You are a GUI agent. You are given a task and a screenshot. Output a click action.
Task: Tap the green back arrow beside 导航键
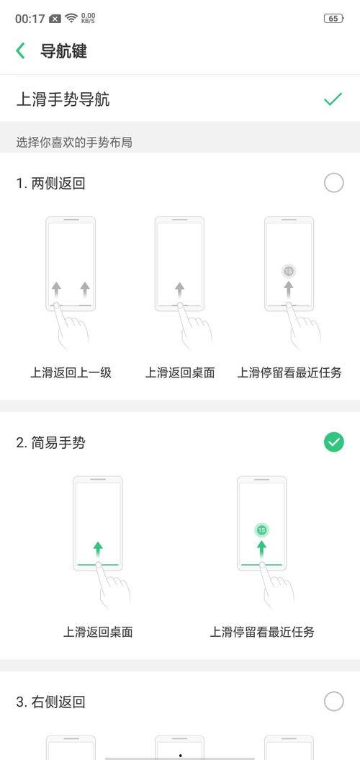point(20,51)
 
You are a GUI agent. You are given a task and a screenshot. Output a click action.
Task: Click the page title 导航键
point(63,51)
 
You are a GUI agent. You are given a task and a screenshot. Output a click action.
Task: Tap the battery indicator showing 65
point(333,19)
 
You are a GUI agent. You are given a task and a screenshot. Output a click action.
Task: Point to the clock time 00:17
point(30,19)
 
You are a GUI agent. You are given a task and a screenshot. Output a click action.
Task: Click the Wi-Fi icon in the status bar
point(71,19)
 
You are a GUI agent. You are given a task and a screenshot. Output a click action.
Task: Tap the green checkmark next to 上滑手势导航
point(333,99)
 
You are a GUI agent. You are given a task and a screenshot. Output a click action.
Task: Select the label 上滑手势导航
point(63,99)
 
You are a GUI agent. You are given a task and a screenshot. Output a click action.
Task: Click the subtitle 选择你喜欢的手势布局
point(74,143)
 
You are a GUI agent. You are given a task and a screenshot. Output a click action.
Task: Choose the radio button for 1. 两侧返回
point(334,183)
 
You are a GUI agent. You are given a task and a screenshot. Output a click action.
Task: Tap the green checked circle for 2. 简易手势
point(334,442)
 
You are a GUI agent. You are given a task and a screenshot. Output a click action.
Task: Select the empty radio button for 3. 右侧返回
point(334,702)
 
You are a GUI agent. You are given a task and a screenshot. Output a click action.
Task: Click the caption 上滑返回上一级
point(71,372)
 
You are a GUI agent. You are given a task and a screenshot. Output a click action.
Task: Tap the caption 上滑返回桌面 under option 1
point(180,372)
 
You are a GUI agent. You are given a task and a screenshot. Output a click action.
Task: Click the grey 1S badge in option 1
point(289,272)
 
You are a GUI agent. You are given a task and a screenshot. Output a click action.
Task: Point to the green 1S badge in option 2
point(261,531)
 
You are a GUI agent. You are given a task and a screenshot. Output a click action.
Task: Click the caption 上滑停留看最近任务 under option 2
point(262,632)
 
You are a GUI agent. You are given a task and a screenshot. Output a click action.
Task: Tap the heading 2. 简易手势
point(51,442)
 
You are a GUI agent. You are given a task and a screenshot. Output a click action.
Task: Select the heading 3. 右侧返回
point(51,702)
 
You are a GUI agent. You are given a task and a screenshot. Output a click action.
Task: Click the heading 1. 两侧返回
point(51,184)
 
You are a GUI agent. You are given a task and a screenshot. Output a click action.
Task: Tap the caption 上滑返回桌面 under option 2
point(98,632)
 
